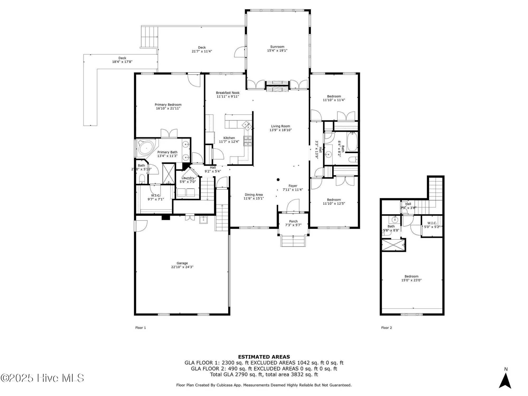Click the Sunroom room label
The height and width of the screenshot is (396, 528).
click(x=277, y=47)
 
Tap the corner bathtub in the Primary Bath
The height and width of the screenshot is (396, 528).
click(x=146, y=148)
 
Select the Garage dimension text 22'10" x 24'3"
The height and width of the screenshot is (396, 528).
click(x=182, y=267)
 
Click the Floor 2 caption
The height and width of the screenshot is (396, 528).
click(x=386, y=328)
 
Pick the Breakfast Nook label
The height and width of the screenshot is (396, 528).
click(x=228, y=93)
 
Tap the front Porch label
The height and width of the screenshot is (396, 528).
click(x=293, y=221)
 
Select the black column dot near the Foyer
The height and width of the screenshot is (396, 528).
click(x=278, y=180)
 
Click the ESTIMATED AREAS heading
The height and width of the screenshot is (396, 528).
click(x=264, y=357)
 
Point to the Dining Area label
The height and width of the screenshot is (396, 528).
click(x=253, y=195)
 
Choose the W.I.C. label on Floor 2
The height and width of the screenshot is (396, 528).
click(x=432, y=223)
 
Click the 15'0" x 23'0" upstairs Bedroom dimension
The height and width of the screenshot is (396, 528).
click(x=411, y=280)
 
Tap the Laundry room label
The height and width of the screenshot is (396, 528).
click(x=188, y=178)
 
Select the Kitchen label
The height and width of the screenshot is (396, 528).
click(x=229, y=138)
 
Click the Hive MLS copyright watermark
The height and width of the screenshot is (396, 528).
click(x=42, y=378)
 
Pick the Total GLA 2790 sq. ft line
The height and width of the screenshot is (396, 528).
click(x=264, y=374)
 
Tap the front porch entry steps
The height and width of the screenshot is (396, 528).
click(x=293, y=241)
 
